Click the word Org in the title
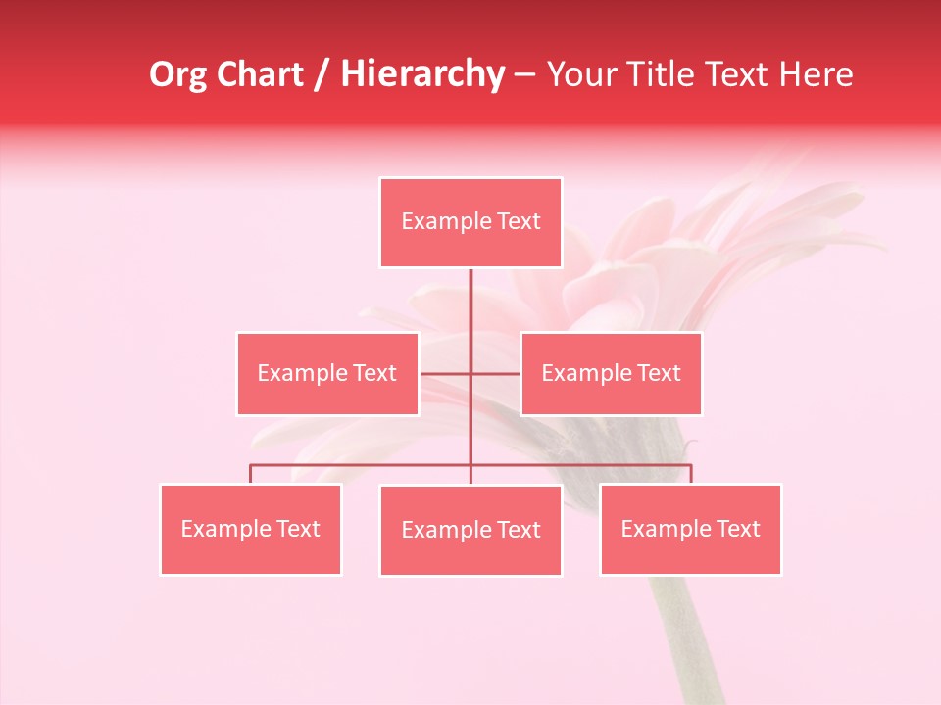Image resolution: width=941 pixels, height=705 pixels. tap(178, 74)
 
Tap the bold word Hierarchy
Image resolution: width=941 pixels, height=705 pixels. tap(421, 74)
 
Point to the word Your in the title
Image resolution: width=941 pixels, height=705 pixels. tap(582, 74)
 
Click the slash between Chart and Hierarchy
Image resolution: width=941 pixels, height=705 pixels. tap(321, 75)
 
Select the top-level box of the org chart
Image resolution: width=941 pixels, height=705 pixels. tap(470, 222)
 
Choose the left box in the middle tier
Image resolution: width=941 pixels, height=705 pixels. tap(327, 374)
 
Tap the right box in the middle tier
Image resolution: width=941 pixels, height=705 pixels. tap(611, 374)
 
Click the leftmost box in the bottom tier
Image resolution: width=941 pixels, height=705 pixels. tap(251, 530)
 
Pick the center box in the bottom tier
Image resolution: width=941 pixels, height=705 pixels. tap(470, 531)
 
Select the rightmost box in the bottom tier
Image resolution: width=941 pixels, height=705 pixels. tap(690, 530)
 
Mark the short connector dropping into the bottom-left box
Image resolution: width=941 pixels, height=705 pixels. tap(251, 474)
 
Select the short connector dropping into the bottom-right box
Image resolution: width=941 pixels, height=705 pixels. tap(691, 474)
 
